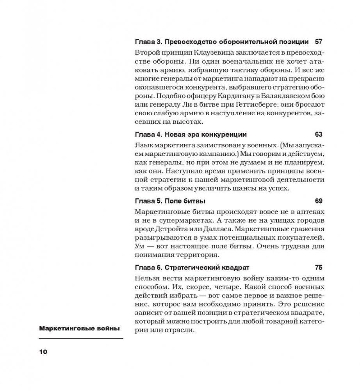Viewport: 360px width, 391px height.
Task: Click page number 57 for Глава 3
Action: tap(318, 41)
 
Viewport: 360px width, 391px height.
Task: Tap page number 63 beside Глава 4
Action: tap(318, 134)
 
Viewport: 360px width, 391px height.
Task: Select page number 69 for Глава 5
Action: tap(318, 201)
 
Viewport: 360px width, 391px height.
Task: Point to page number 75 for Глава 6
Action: tap(318, 268)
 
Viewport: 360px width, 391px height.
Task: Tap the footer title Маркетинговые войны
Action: tap(79, 329)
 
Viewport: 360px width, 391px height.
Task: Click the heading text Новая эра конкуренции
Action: tap(206, 134)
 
